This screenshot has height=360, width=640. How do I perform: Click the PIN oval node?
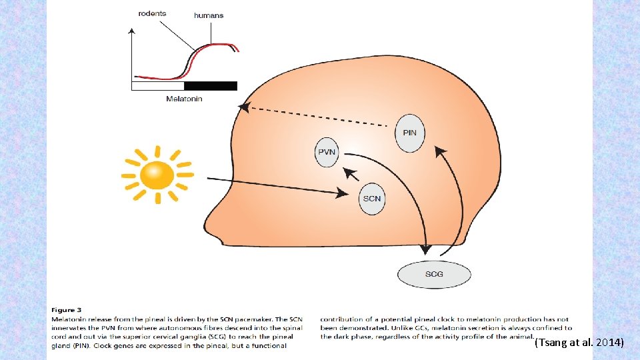tap(409, 133)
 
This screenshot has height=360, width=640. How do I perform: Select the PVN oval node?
tap(327, 153)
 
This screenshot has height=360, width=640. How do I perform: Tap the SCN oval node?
tap(372, 199)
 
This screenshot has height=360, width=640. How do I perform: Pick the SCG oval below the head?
tap(434, 274)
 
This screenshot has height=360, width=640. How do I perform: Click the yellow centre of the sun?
tap(157, 175)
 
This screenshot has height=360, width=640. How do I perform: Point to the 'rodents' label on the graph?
tap(153, 13)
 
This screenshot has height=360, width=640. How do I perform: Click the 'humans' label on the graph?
tap(209, 15)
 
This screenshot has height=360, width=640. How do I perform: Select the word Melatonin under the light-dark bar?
tap(184, 99)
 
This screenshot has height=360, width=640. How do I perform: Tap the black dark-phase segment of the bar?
tap(210, 85)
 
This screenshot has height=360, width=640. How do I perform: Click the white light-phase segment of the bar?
tap(157, 85)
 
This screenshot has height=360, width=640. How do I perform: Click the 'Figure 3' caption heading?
tap(66, 310)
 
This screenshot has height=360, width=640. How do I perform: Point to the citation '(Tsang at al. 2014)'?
tap(579, 343)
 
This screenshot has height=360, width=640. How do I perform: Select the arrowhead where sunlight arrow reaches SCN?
tap(343, 193)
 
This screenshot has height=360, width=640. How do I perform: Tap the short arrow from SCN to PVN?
tap(351, 175)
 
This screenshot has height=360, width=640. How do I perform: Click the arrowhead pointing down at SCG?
tap(425, 250)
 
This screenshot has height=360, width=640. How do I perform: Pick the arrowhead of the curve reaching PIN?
tap(440, 151)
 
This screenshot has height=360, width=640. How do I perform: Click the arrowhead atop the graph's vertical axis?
tap(133, 32)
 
